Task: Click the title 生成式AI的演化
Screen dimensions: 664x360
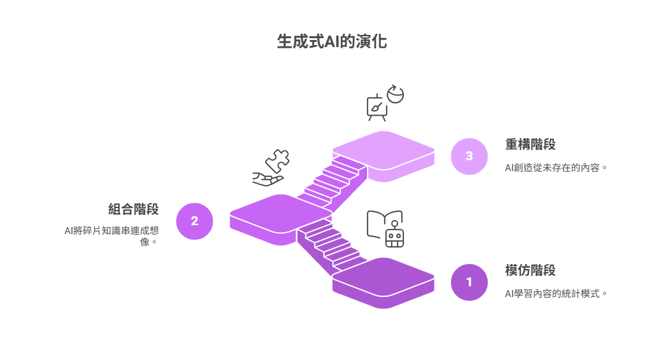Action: (331, 41)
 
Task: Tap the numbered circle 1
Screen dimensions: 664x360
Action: (469, 282)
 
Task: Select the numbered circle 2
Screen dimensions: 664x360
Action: (195, 221)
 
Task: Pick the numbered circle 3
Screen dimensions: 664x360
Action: (469, 156)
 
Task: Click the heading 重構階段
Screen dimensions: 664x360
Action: (530, 144)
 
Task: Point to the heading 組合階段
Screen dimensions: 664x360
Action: (134, 209)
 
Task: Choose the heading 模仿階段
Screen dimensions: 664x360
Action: (530, 270)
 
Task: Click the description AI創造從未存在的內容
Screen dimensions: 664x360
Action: (556, 168)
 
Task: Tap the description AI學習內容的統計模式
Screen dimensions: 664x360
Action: (556, 293)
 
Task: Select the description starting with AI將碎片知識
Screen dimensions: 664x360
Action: (112, 237)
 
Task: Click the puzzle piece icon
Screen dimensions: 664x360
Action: (277, 161)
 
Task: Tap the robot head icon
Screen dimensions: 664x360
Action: (395, 235)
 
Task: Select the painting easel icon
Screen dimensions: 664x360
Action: (377, 107)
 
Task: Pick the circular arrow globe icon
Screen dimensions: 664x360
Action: (396, 94)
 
